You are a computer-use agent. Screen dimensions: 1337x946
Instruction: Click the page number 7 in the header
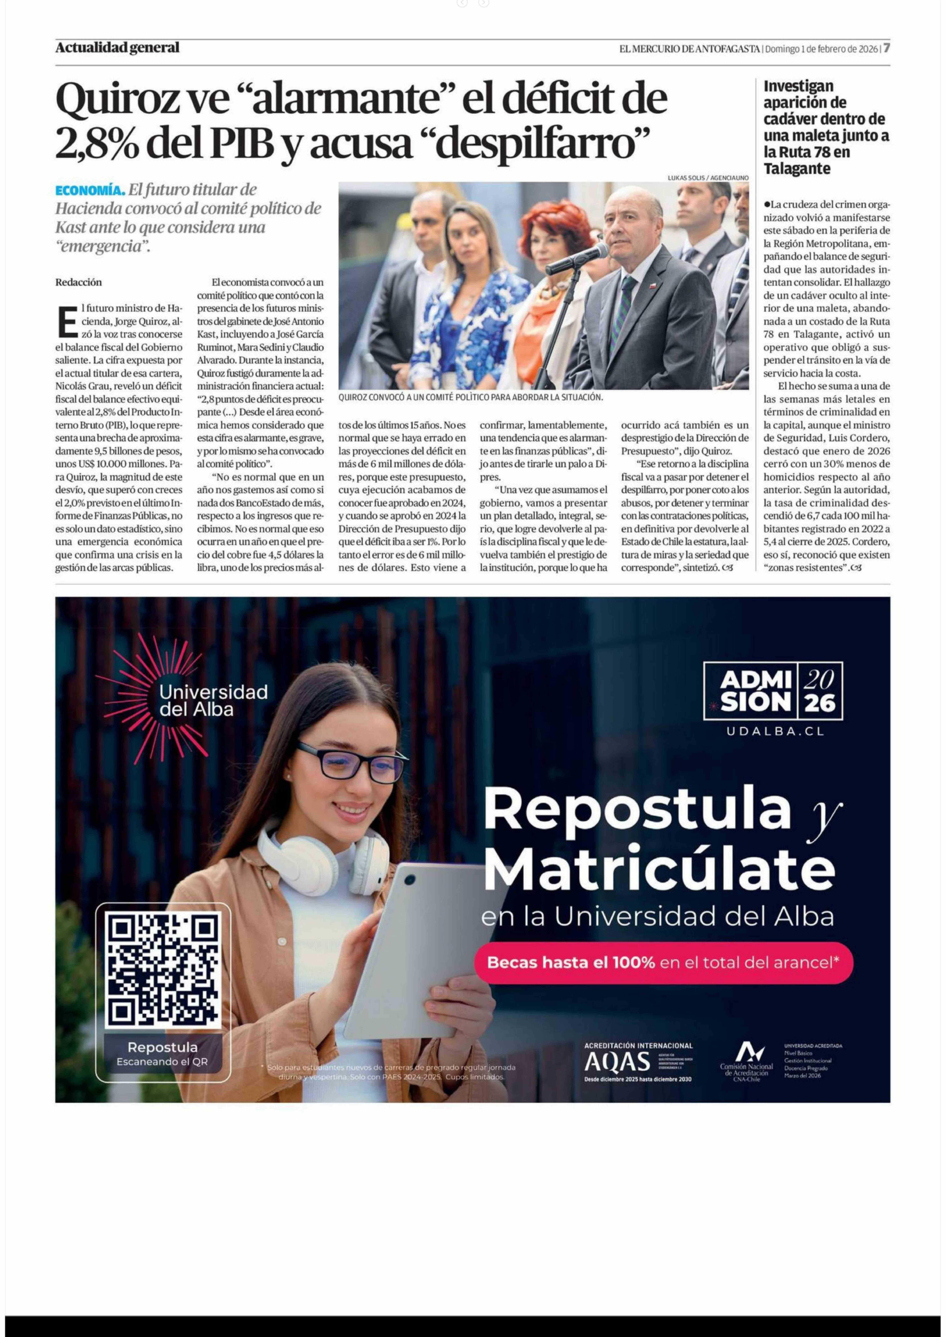pyautogui.click(x=886, y=48)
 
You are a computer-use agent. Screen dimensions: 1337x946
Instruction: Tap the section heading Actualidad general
pyautogui.click(x=117, y=48)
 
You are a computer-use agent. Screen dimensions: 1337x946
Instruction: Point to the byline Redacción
pyautogui.click(x=79, y=282)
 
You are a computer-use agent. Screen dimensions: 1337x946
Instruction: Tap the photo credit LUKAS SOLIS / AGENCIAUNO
pyautogui.click(x=708, y=178)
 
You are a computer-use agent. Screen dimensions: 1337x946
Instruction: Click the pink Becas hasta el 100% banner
pyautogui.click(x=663, y=963)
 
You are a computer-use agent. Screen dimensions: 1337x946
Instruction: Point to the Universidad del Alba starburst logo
pyautogui.click(x=153, y=699)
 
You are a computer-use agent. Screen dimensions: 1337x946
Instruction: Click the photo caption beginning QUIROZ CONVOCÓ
pyautogui.click(x=470, y=397)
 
